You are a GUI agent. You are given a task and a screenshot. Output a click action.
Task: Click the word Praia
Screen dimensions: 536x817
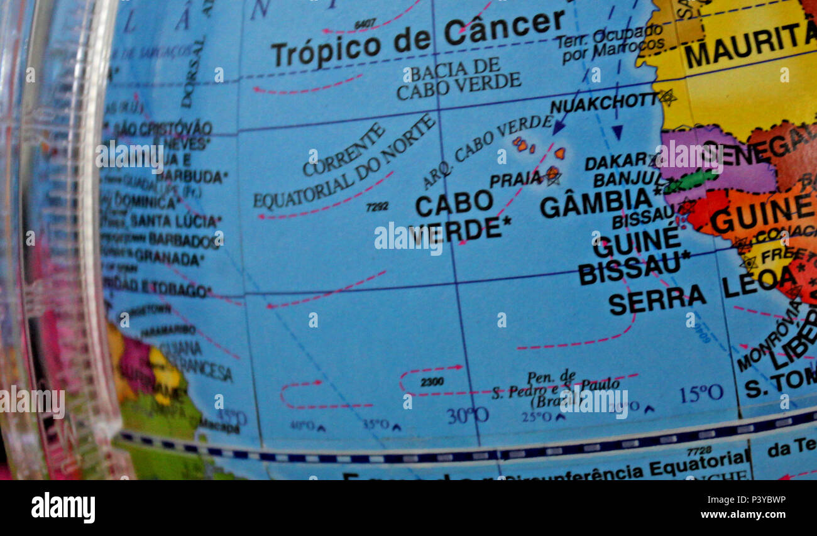click(515, 180)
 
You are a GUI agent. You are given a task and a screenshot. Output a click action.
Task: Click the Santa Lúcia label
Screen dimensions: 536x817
click(175, 221)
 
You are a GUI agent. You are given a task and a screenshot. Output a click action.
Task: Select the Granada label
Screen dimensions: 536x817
click(169, 257)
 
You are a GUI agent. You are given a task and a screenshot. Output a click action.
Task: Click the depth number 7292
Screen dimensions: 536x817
click(377, 206)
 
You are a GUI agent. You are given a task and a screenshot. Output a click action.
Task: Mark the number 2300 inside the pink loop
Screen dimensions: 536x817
click(432, 381)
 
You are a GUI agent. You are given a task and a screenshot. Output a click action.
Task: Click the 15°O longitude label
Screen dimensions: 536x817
click(701, 394)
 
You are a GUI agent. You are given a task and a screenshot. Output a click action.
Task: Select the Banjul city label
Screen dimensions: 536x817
click(622, 180)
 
